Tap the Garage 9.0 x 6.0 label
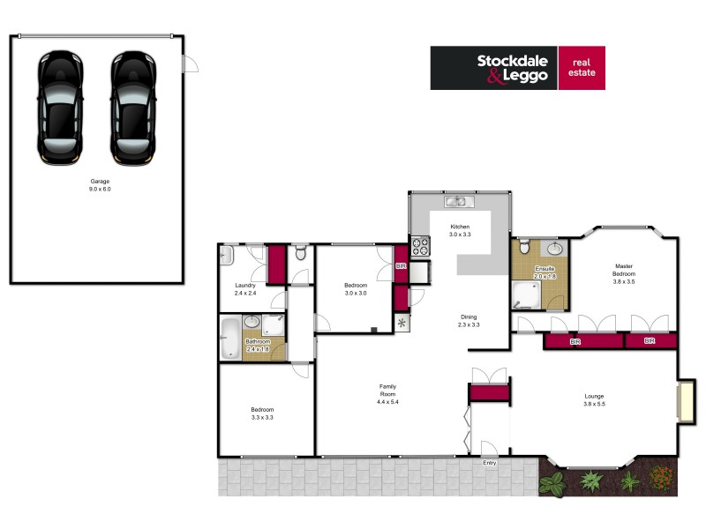99,185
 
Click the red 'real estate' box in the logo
582,68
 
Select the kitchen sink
456,202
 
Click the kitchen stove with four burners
419,246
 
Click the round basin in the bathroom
252,323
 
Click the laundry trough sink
225,257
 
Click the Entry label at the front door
489,462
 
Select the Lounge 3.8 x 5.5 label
594,400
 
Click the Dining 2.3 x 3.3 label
469,321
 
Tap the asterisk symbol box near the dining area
403,322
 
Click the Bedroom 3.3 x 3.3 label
262,413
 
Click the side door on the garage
190,64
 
